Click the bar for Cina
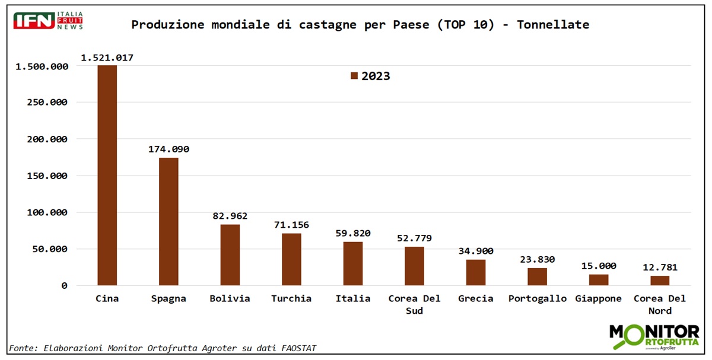(107, 175)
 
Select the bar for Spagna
(169, 221)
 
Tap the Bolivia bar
(230, 255)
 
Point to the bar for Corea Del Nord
(660, 281)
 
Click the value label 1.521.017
(107, 58)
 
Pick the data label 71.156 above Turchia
(291, 225)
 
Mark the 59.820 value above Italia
(353, 233)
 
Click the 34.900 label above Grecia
(476, 251)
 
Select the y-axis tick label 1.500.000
(42, 66)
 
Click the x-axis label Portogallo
(538, 298)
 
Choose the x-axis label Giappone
(598, 298)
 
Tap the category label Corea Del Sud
(414, 304)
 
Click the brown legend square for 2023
(354, 76)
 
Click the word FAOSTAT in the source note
(295, 348)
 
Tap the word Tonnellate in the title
(553, 24)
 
